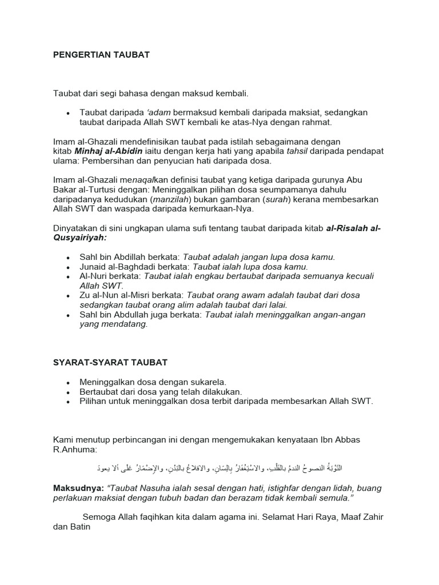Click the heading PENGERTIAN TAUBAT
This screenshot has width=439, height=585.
click(101, 55)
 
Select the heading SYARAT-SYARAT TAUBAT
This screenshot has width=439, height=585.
click(110, 363)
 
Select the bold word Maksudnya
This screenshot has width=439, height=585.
click(76, 488)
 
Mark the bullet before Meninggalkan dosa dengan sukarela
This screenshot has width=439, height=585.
click(68, 382)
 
